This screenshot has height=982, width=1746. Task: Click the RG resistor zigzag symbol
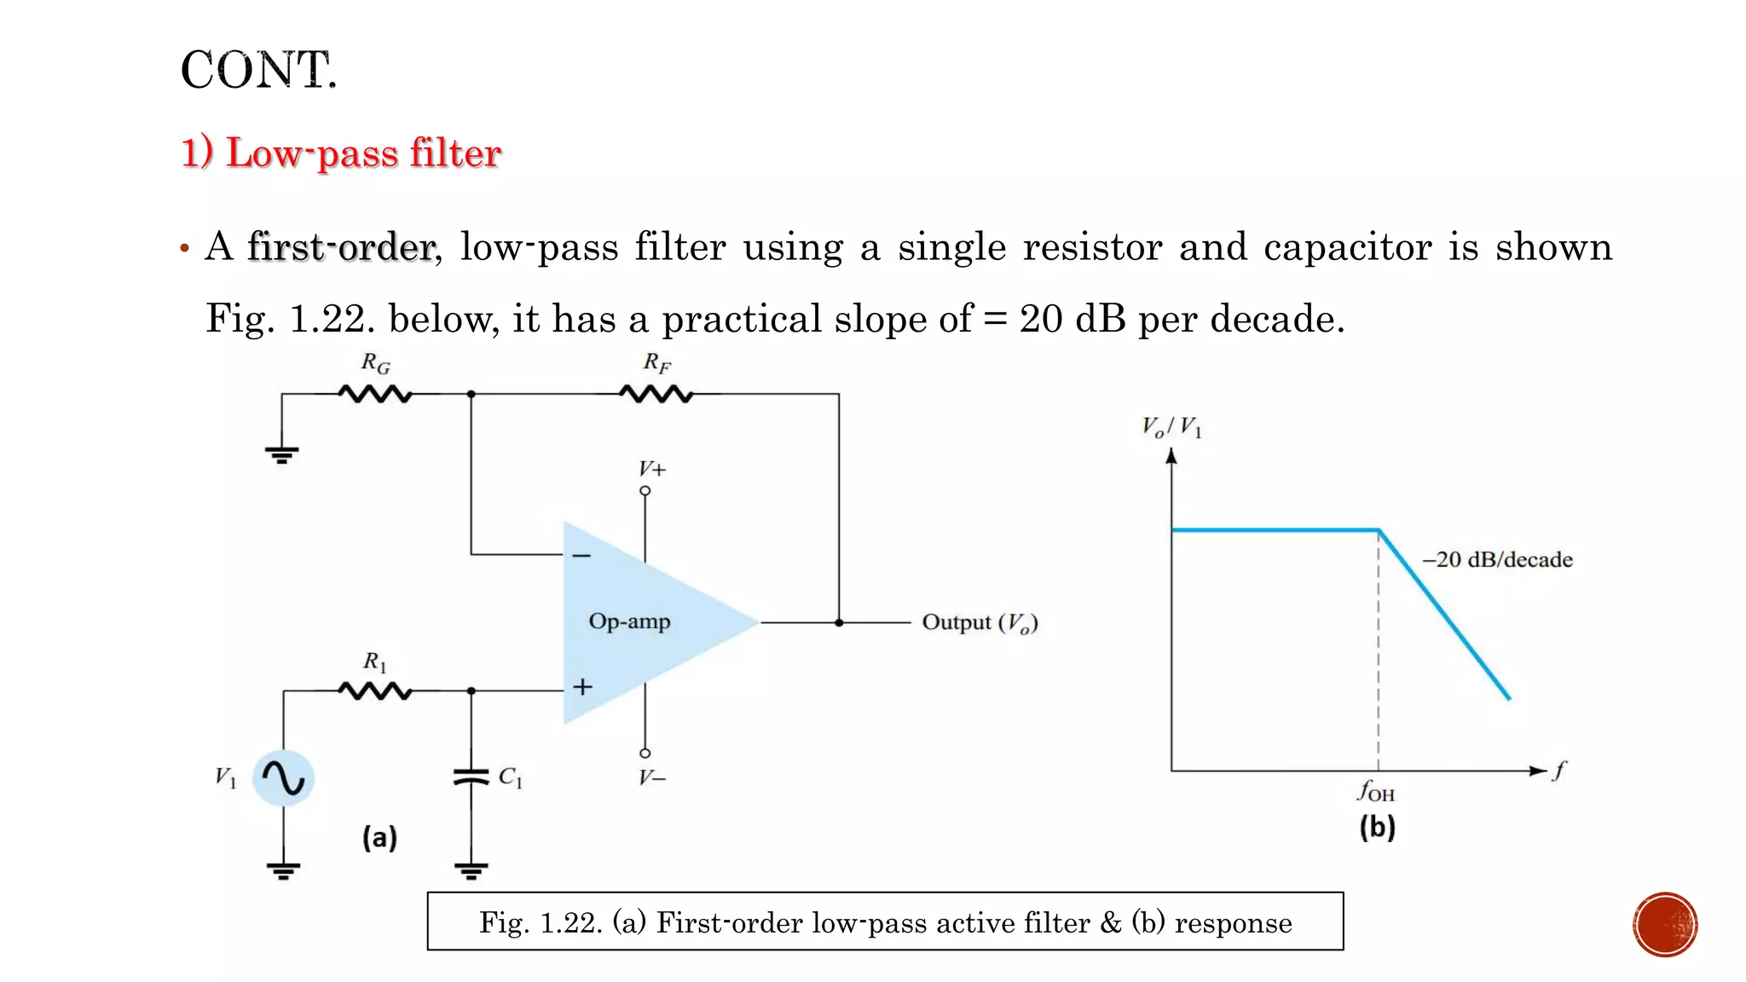[x=375, y=394]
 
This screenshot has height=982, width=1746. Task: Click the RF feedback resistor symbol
[x=656, y=394]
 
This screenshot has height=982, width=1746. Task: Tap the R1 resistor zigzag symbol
[x=375, y=690]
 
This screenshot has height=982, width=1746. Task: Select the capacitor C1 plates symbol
[x=471, y=777]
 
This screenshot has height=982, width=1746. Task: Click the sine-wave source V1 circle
[x=284, y=777]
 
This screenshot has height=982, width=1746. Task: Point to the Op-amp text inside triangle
[x=629, y=621]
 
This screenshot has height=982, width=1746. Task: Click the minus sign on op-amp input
[x=581, y=556]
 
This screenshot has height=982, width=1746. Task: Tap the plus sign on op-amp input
[x=582, y=686]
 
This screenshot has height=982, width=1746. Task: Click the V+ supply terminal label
[x=652, y=469]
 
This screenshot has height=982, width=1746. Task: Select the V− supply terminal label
[x=652, y=777]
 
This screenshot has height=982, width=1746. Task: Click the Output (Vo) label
[x=980, y=623]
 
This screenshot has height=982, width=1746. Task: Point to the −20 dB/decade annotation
[x=1497, y=560]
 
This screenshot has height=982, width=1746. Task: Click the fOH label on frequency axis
[x=1376, y=792]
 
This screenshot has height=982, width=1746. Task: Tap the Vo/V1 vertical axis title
[x=1171, y=426]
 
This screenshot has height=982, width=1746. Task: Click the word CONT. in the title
[x=259, y=70]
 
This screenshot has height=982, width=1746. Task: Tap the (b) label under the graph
[x=1377, y=827]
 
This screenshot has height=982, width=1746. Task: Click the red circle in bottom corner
[x=1665, y=925]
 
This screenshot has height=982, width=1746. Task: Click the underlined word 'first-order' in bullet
[x=342, y=247]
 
